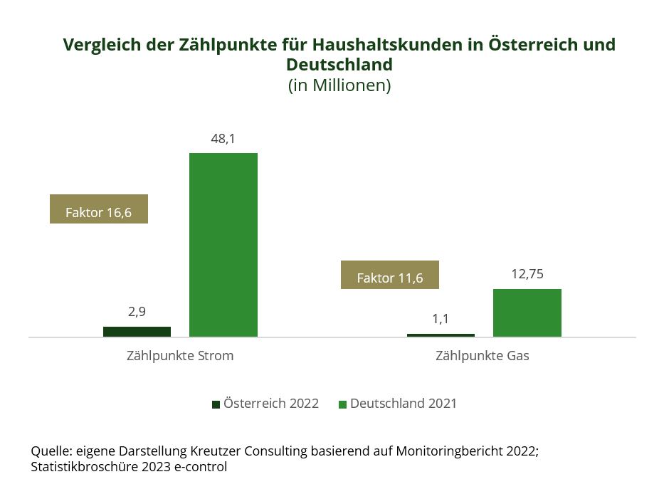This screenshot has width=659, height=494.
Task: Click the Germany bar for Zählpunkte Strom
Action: pyautogui.click(x=223, y=244)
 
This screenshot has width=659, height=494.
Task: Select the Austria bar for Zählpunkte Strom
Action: pyautogui.click(x=137, y=332)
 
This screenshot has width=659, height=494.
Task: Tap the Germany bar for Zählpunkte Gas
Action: pyautogui.click(x=527, y=312)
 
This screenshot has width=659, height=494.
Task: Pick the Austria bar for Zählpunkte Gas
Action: pyautogui.click(x=441, y=335)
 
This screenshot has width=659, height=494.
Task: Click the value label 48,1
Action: pyautogui.click(x=223, y=139)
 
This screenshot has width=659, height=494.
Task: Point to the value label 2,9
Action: pyautogui.click(x=137, y=312)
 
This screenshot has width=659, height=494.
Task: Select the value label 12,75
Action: pyautogui.click(x=527, y=274)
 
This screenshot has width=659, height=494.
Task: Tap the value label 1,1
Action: pyautogui.click(x=441, y=319)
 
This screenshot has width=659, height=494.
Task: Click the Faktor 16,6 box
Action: pyautogui.click(x=99, y=209)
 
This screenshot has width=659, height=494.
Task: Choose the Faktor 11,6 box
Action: pyautogui.click(x=390, y=275)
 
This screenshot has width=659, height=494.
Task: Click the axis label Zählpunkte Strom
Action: pyautogui.click(x=179, y=356)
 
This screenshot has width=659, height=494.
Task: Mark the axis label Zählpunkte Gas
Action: pyautogui.click(x=482, y=356)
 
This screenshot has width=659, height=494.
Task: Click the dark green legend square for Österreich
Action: pyautogui.click(x=216, y=404)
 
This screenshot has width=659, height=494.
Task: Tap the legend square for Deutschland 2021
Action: pyautogui.click(x=342, y=404)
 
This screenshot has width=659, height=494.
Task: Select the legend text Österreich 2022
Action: pyautogui.click(x=270, y=404)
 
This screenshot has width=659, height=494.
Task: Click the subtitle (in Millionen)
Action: pyautogui.click(x=339, y=85)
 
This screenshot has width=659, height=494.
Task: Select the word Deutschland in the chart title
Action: pyautogui.click(x=339, y=65)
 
